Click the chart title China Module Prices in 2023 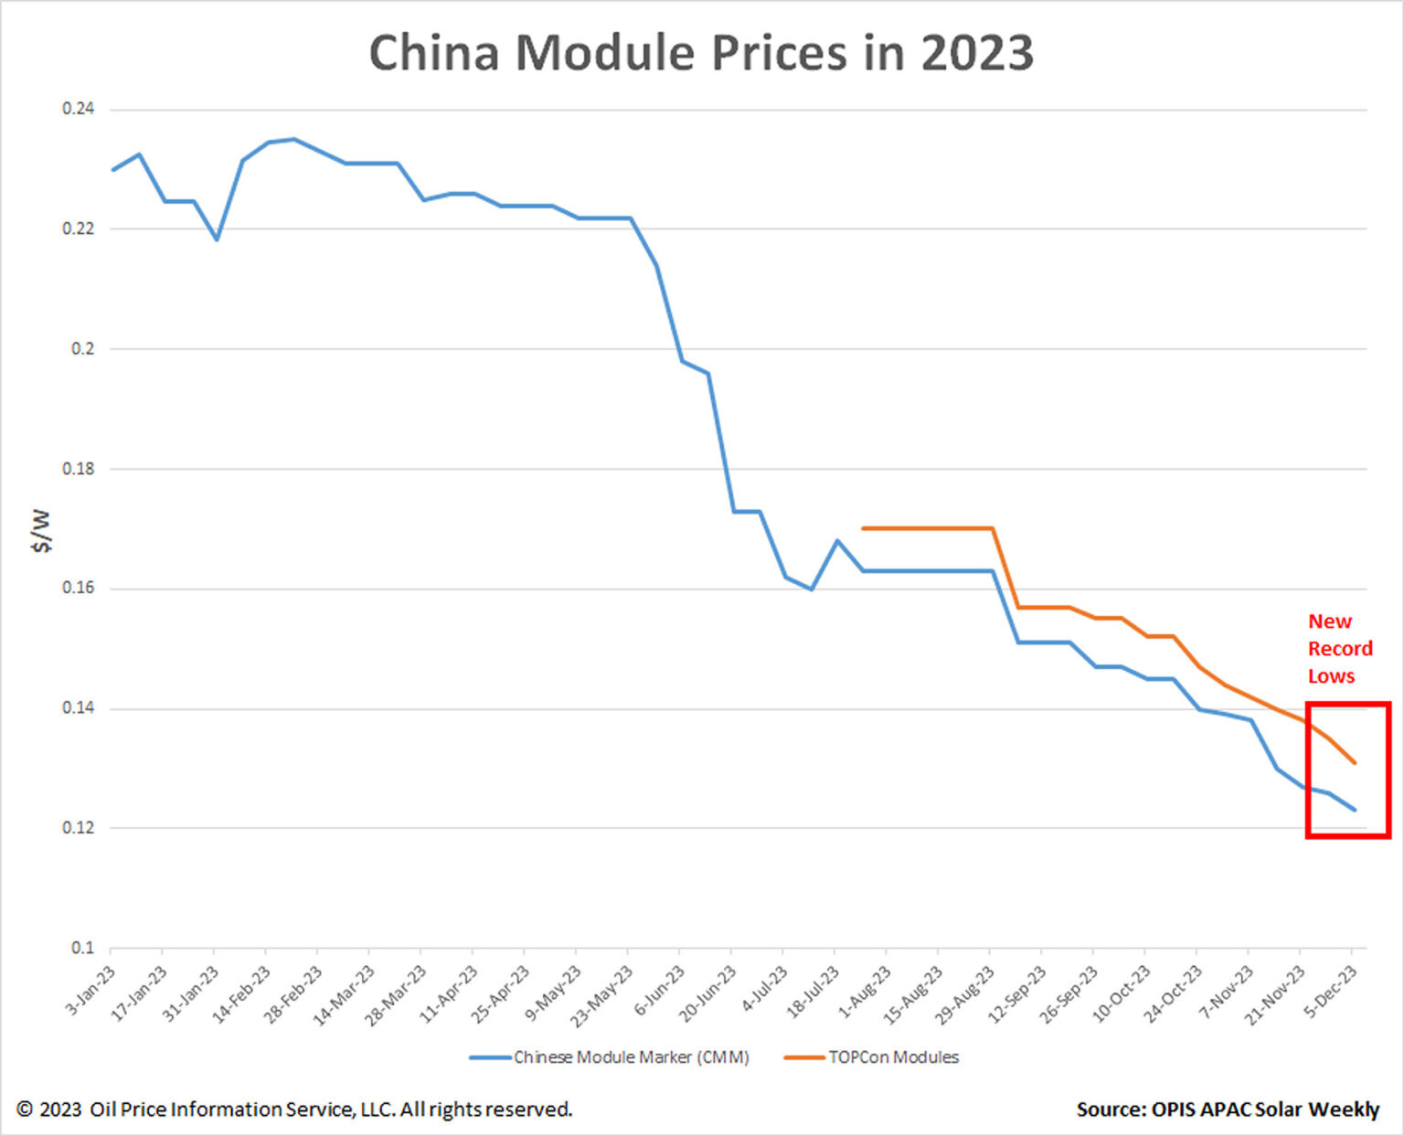pyautogui.click(x=701, y=53)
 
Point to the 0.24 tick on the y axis pyautogui.click(x=78, y=109)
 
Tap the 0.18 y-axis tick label pyautogui.click(x=78, y=469)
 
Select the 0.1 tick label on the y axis pyautogui.click(x=82, y=948)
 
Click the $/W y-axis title pyautogui.click(x=41, y=531)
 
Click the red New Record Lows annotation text pyautogui.click(x=1339, y=649)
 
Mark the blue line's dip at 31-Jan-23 pyautogui.click(x=217, y=239)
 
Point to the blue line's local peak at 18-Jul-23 pyautogui.click(x=836, y=540)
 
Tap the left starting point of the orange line pyautogui.click(x=863, y=528)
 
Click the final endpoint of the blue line pyautogui.click(x=1355, y=810)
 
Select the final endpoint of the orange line pyautogui.click(x=1355, y=762)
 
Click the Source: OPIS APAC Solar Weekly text pyautogui.click(x=1227, y=1109)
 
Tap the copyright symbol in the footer pyautogui.click(x=25, y=1109)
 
